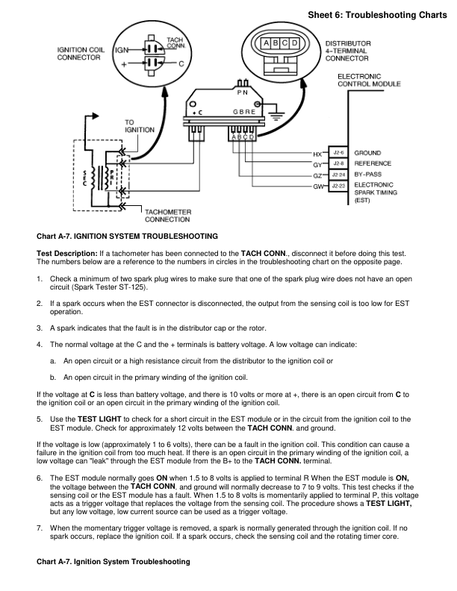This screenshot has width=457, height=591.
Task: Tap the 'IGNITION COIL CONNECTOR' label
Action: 81,54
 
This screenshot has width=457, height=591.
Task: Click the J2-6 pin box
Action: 338,153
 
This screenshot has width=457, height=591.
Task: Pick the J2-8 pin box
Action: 338,163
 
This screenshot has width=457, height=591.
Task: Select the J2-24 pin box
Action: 338,174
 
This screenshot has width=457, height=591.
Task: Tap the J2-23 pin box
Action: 338,184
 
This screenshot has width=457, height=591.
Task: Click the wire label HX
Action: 317,154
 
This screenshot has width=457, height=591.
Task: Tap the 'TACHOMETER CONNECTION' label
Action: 167,216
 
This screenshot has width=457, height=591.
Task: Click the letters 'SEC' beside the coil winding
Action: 84,179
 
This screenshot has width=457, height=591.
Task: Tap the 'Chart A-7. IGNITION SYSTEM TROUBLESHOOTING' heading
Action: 127,235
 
